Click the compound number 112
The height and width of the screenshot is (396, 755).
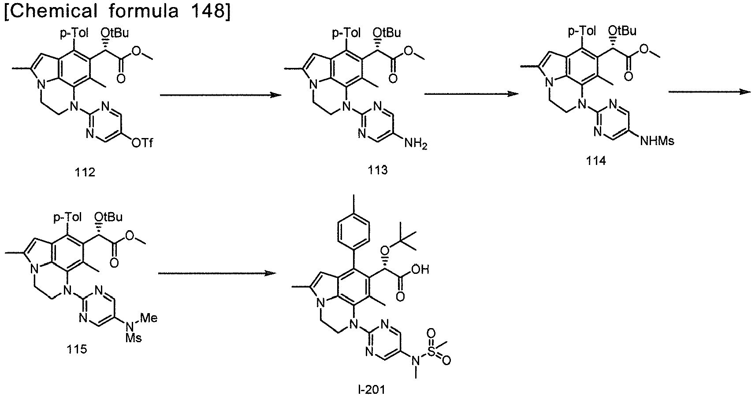coord(85,172)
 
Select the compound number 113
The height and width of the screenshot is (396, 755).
coord(378,170)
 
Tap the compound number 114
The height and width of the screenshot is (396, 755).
coord(596,161)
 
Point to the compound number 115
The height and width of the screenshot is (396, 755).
coord(77,349)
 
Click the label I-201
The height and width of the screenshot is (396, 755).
coord(371,390)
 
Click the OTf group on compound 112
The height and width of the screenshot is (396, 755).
coord(142,143)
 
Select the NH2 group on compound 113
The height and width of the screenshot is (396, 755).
coord(416,144)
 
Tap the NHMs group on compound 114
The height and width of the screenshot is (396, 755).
coord(657,141)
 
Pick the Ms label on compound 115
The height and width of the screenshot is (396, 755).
coord(134,338)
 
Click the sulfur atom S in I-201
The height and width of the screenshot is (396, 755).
coord(431,347)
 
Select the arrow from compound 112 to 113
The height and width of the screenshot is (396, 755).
coord(221,95)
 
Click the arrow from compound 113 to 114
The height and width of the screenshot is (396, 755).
coord(472,94)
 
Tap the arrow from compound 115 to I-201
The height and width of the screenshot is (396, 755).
coord(217,273)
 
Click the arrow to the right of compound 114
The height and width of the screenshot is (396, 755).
coord(710,91)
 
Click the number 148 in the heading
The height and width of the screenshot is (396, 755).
coord(206,11)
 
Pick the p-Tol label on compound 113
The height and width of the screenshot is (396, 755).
coord(346,34)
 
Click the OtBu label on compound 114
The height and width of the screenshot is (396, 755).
coord(623,31)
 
